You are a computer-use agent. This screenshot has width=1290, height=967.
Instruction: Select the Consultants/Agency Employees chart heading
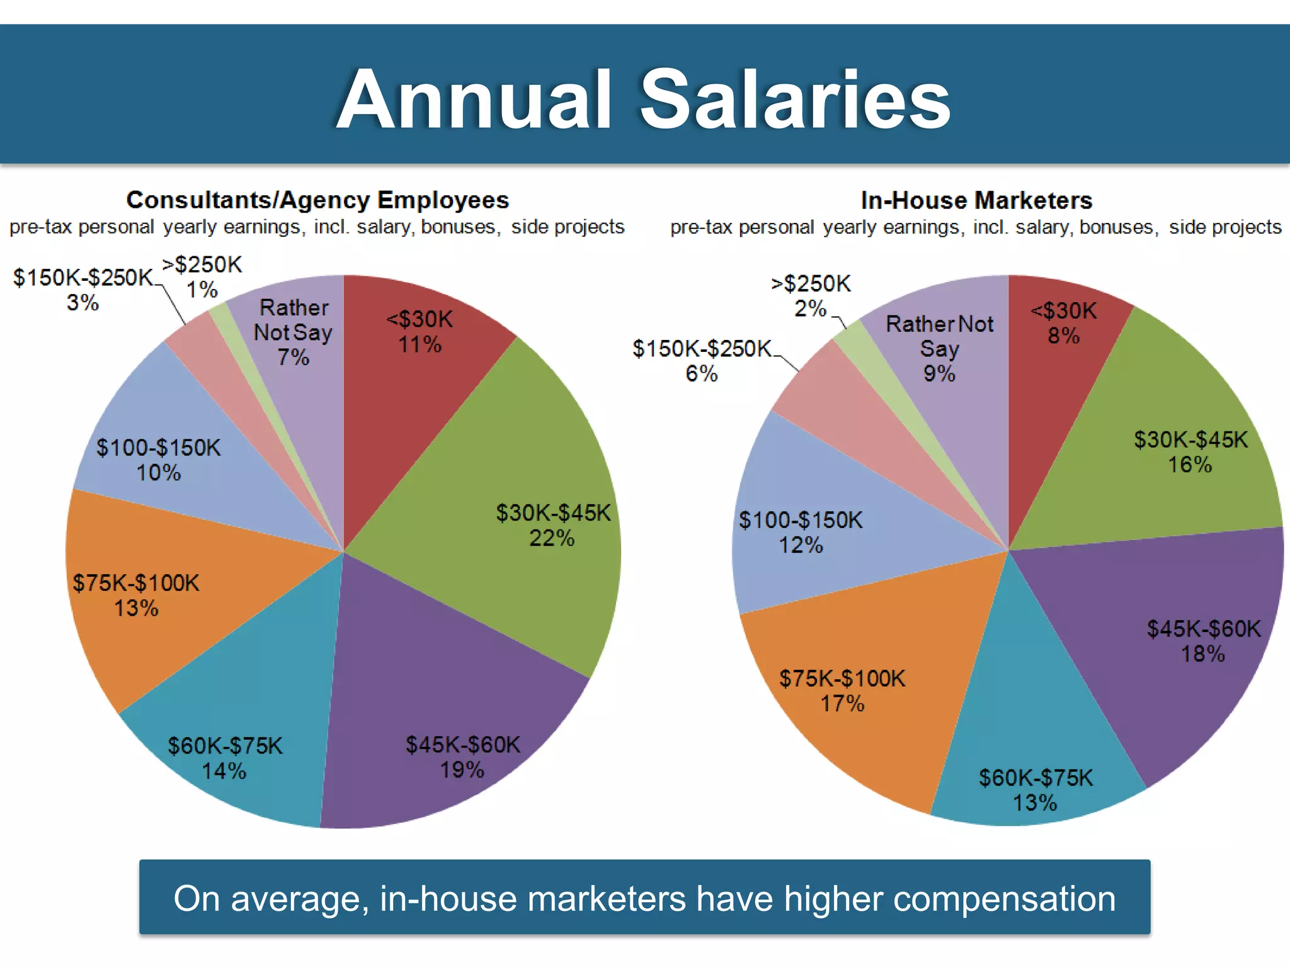(x=317, y=200)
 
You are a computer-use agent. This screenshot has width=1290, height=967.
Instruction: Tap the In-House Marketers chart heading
(x=976, y=201)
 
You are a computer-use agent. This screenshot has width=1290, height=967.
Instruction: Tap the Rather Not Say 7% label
(x=293, y=332)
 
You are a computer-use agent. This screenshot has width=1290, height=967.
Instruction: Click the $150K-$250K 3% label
(x=83, y=290)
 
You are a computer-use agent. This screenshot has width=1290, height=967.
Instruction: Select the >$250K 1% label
(x=202, y=277)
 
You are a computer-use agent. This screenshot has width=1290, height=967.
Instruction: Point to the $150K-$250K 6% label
(x=702, y=361)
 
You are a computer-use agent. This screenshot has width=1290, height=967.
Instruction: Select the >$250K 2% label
(x=811, y=296)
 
